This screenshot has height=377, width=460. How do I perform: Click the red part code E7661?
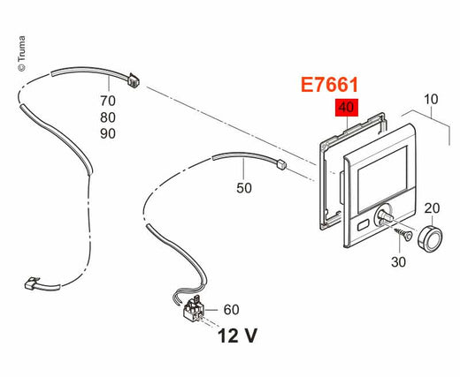tap(329, 85)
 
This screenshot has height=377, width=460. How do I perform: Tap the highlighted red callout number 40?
tap(347, 108)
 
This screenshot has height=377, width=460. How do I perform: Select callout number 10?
tap(431, 99)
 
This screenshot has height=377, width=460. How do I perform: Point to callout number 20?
tap(432, 208)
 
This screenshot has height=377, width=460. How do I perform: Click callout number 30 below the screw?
tap(398, 261)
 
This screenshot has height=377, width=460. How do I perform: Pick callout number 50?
tap(244, 188)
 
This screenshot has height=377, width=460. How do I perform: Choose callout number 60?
tap(232, 310)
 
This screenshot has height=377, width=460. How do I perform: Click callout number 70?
tap(108, 102)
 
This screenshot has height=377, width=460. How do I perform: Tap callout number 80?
tap(108, 117)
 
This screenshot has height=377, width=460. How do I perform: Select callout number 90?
tap(108, 133)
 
